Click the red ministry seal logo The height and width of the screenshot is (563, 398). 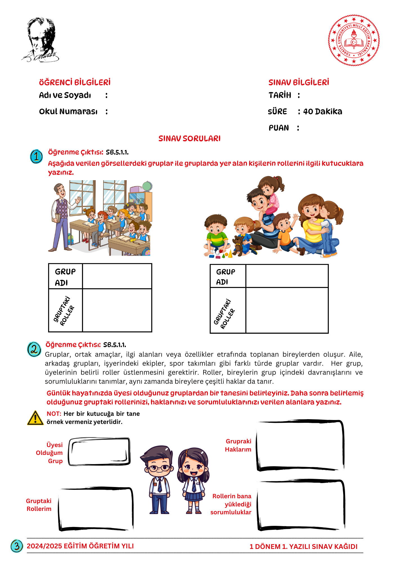[354, 40]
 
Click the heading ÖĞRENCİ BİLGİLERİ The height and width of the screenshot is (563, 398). [75, 82]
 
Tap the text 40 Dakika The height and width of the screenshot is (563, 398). [323, 111]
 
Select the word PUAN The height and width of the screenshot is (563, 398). [279, 128]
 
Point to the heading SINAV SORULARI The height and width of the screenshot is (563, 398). [189, 138]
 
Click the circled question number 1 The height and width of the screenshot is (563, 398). [36, 157]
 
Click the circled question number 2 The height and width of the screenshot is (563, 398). [34, 349]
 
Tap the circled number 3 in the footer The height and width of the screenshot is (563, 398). [17, 546]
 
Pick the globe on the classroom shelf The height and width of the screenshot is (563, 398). [147, 186]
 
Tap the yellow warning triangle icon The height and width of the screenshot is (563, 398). [35, 418]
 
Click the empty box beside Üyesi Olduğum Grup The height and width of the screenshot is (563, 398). [99, 452]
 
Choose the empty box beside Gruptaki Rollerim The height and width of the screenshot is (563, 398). [96, 509]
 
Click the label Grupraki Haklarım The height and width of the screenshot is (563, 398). [238, 445]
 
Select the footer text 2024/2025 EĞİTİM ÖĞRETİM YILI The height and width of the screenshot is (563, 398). [80, 546]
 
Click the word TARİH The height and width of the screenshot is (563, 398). [280, 95]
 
